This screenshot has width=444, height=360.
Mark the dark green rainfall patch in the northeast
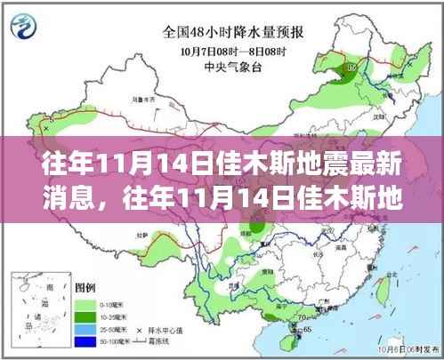(351, 68)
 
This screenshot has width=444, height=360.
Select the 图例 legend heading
(85, 287)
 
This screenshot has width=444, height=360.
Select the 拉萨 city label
(133, 244)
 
